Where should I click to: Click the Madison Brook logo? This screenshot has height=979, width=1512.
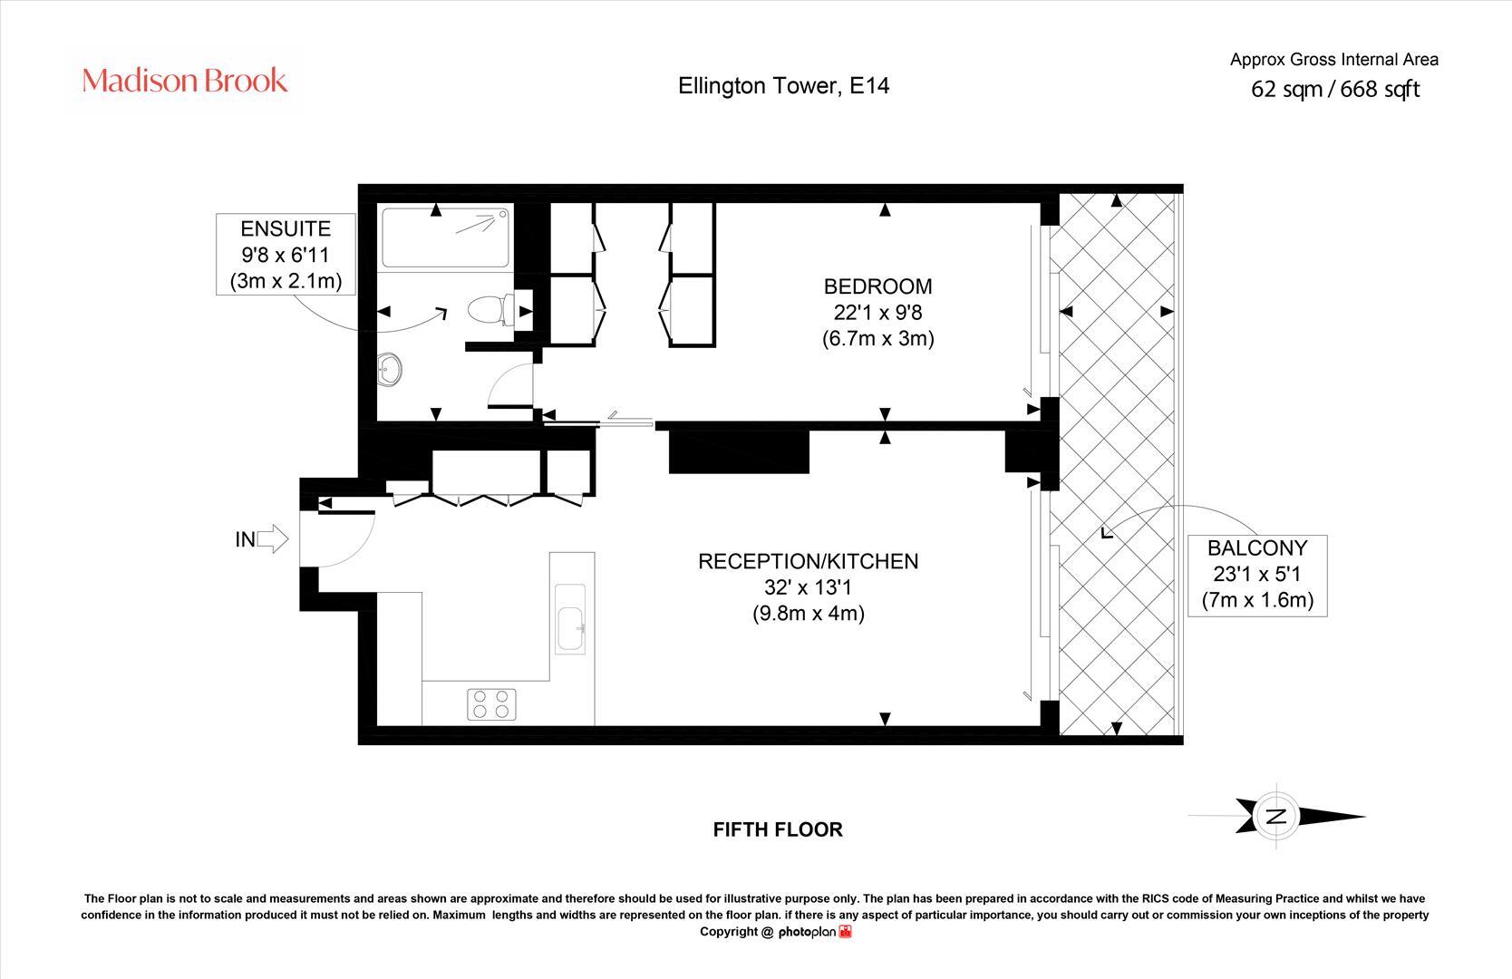185,81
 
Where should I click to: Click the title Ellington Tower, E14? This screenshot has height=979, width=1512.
784,86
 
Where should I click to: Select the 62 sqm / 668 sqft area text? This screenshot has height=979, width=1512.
1334,89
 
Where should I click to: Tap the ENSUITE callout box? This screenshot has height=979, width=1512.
286,255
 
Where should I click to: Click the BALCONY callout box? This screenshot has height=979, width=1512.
1257,574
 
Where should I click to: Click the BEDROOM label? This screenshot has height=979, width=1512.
877,286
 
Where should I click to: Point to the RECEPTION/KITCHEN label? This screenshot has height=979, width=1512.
808,561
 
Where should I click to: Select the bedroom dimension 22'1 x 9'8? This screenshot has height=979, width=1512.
877,313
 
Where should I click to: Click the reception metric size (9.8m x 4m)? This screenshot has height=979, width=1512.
808,613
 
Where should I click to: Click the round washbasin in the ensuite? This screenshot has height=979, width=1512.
391,370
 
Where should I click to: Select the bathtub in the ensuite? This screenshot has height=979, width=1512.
445,237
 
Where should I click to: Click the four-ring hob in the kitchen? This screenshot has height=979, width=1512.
491,704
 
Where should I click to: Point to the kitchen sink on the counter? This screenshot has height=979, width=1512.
571,628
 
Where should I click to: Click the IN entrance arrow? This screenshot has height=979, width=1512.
271,540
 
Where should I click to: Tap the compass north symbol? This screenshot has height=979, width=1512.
1276,816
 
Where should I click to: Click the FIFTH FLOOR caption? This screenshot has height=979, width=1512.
778,829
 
